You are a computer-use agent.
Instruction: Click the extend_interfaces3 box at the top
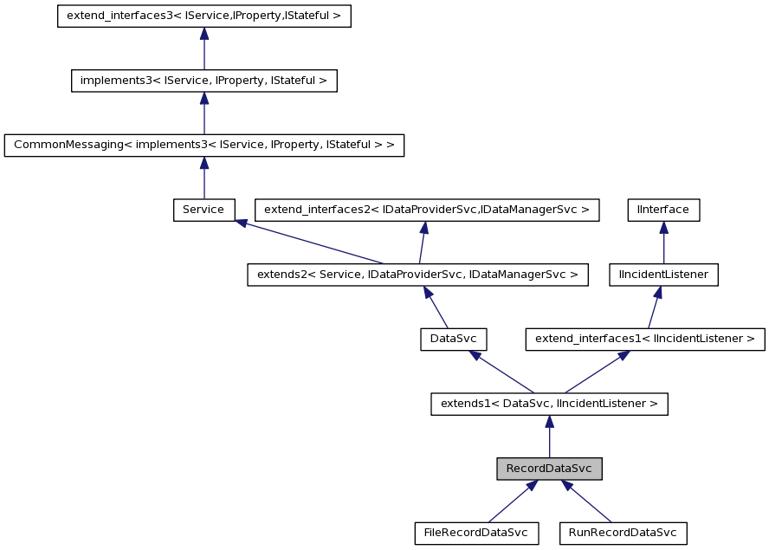(x=204, y=16)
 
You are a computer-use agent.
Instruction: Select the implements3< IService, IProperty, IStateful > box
(x=204, y=81)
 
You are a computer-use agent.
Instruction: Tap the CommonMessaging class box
(x=204, y=145)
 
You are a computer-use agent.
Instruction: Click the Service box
(x=204, y=210)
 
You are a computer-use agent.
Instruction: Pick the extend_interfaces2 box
(x=426, y=210)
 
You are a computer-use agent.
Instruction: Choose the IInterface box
(x=663, y=210)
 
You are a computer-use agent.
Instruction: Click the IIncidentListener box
(x=663, y=275)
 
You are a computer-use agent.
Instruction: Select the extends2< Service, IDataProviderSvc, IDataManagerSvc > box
(x=417, y=275)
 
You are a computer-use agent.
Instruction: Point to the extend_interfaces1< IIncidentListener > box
(x=645, y=339)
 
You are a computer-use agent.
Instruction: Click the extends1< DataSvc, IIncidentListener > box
(x=549, y=404)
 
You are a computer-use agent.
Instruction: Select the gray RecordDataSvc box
(x=549, y=469)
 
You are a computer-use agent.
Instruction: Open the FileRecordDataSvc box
(x=476, y=533)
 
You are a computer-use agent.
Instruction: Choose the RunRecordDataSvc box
(x=623, y=533)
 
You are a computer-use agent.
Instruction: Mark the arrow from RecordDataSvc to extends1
(x=549, y=437)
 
